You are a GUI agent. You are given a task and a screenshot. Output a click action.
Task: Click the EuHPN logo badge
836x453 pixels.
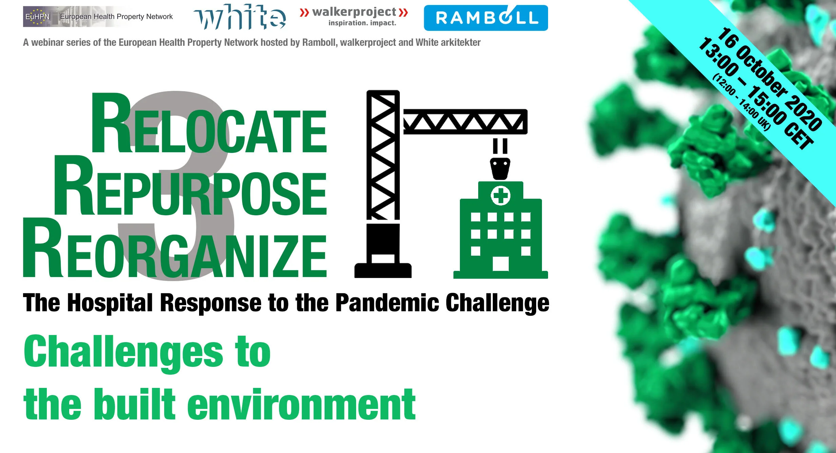(37, 17)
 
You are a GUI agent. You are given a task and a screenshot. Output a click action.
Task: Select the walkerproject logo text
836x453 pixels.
(354, 12)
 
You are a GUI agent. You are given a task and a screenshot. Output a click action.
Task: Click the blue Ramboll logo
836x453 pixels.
(486, 18)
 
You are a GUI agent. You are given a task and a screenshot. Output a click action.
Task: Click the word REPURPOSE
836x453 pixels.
(190, 188)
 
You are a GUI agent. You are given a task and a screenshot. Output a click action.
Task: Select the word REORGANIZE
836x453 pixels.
(175, 251)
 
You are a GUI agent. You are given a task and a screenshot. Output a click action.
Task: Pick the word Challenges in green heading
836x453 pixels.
(124, 353)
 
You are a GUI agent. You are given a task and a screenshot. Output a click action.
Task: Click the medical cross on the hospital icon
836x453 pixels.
(501, 196)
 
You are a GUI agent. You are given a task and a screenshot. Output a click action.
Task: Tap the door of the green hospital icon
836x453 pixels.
(501, 263)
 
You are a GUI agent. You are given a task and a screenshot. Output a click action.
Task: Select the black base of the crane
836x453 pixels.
(383, 270)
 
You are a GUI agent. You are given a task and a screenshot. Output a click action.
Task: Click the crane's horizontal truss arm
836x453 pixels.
(465, 121)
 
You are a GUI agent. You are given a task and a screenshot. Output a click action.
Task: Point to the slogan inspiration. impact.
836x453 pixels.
(362, 23)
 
